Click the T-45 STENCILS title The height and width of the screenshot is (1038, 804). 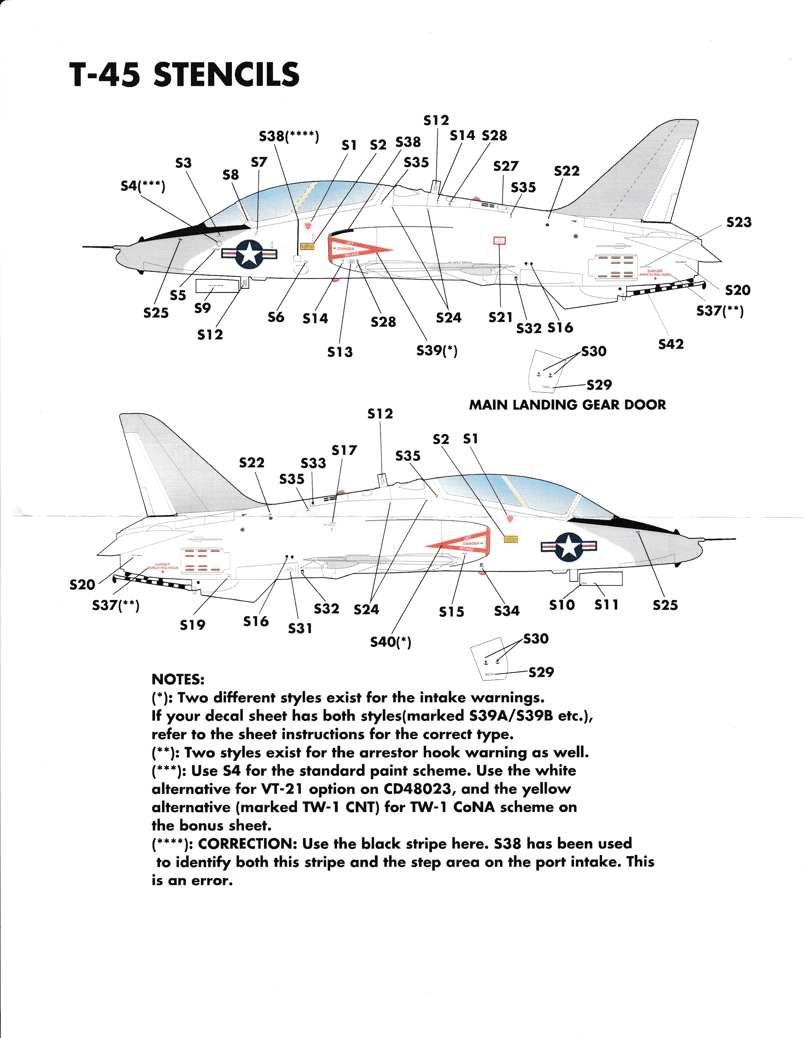pos(184,75)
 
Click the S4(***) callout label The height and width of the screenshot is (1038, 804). pos(142,186)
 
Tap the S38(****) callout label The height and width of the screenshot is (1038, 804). pos(289,137)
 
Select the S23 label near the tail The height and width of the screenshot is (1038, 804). pos(739,222)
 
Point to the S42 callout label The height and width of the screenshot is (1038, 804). pos(670,344)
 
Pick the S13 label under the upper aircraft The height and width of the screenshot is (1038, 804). pos(340,352)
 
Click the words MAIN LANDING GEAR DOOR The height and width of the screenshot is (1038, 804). pos(567,405)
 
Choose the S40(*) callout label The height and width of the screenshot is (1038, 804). pos(390,642)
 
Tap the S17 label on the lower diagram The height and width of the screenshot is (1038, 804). pos(344,450)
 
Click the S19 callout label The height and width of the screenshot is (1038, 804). pos(192,625)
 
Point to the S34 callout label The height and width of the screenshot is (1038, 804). pos(507,611)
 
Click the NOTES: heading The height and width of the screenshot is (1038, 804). pos(178,679)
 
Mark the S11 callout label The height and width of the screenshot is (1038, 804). pos(606,605)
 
